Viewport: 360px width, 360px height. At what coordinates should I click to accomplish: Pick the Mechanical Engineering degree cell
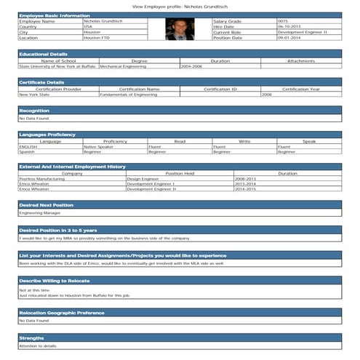(x=122, y=66)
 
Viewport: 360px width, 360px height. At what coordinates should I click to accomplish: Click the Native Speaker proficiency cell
(x=99, y=147)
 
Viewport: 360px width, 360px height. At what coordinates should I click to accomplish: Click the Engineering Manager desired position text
(x=40, y=214)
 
